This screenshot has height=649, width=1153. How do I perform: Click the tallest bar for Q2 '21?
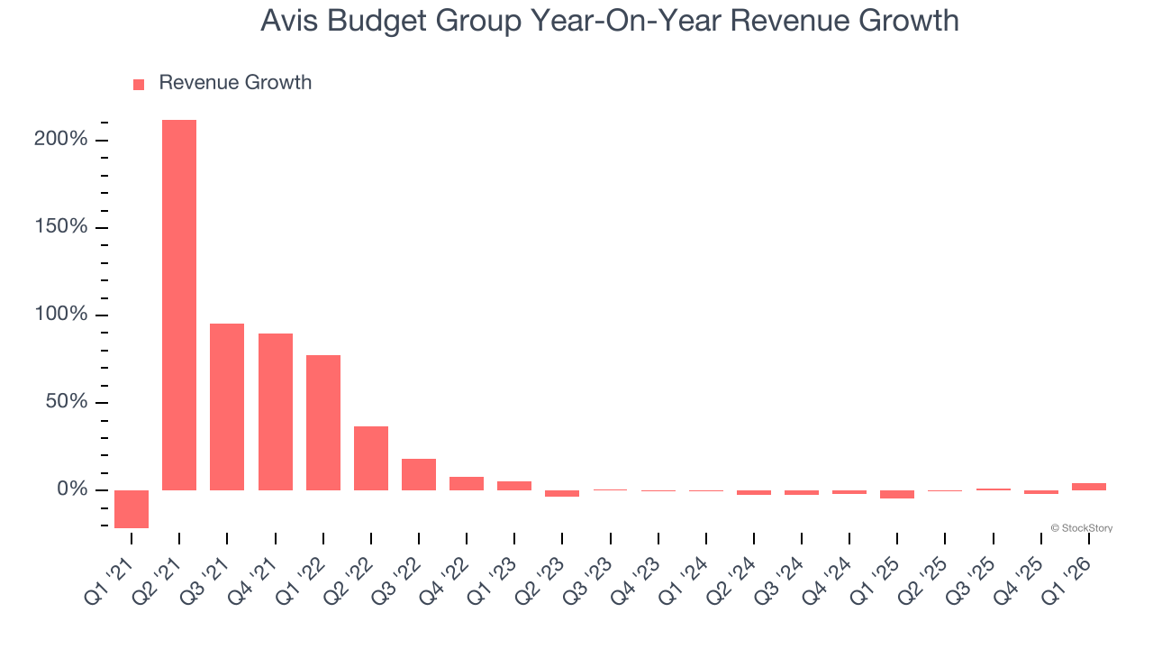(x=179, y=305)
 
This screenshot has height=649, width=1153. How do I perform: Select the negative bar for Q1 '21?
(x=132, y=508)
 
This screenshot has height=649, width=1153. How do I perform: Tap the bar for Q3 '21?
(x=227, y=407)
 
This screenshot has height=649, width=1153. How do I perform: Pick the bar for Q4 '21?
(x=275, y=411)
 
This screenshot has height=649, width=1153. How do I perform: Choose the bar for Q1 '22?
(x=322, y=422)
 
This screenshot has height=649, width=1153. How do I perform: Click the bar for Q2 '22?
(x=371, y=458)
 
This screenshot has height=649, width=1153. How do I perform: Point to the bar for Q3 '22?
(x=419, y=474)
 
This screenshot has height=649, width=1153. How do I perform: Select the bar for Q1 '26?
(x=1089, y=487)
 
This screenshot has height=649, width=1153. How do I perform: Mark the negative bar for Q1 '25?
(x=897, y=494)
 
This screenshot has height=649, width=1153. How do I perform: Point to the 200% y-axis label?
(x=62, y=140)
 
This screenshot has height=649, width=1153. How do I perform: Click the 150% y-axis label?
(x=62, y=227)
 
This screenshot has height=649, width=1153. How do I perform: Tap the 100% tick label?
(x=62, y=315)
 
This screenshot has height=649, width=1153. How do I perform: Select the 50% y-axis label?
(x=67, y=402)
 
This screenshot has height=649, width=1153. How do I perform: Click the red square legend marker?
(x=139, y=85)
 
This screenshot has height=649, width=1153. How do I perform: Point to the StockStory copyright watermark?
(x=1081, y=528)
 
